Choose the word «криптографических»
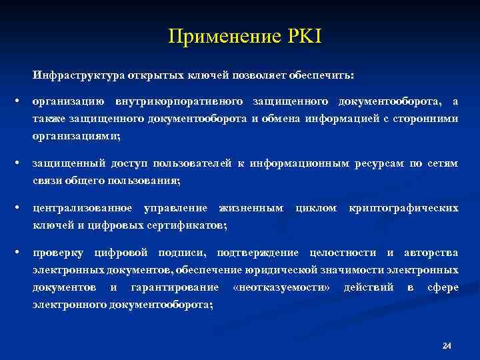tap(403, 209)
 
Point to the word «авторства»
tap(430, 254)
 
